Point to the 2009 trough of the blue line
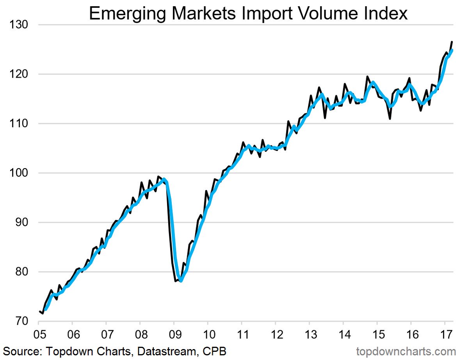181,280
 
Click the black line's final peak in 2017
452,42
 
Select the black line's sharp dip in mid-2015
390,118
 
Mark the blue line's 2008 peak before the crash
164,179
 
